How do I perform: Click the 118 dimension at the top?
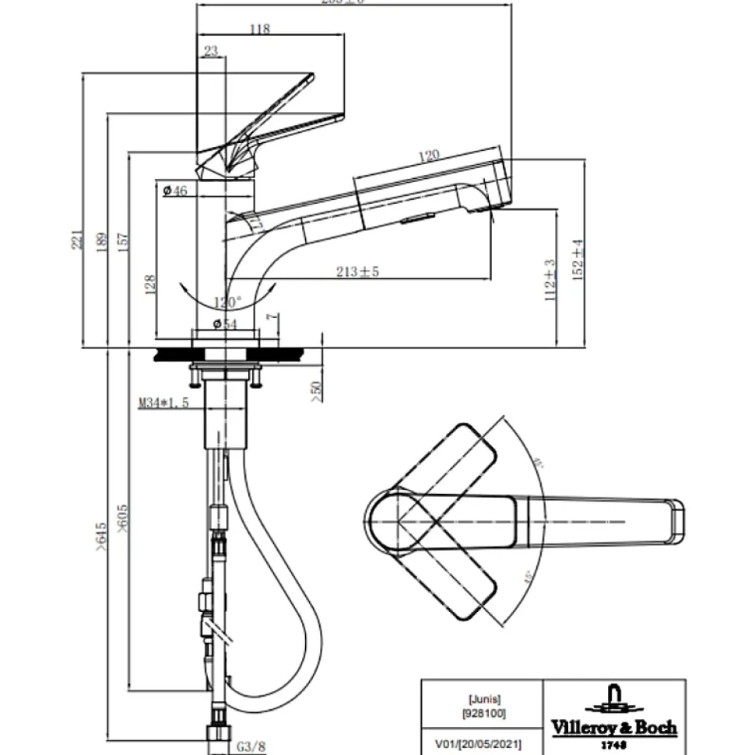(x=259, y=29)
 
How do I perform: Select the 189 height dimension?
(x=100, y=243)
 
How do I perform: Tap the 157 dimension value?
(x=123, y=242)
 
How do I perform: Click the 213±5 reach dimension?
(x=357, y=271)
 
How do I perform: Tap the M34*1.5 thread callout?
(x=163, y=402)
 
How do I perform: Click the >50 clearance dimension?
(x=314, y=392)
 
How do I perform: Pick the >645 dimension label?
(x=100, y=536)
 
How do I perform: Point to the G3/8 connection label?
(x=251, y=746)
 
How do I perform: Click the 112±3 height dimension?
(x=550, y=280)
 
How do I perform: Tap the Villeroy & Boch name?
(x=614, y=728)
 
